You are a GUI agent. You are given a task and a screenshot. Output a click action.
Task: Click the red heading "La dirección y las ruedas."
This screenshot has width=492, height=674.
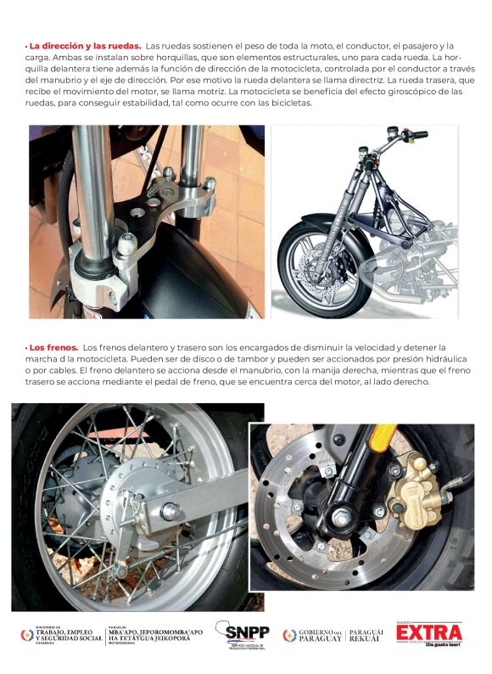85,46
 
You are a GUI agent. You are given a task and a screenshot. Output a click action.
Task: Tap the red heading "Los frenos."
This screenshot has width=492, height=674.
53,347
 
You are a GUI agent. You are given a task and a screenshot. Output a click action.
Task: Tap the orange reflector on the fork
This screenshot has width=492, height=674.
383,439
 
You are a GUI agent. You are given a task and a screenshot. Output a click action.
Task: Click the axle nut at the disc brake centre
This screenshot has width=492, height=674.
341,517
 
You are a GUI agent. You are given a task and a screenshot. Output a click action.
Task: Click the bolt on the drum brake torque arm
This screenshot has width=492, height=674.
171,512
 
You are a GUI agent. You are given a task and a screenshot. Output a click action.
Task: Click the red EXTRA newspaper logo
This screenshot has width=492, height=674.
429,633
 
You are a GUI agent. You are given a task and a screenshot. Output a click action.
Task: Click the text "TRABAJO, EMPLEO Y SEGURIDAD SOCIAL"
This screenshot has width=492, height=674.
69,635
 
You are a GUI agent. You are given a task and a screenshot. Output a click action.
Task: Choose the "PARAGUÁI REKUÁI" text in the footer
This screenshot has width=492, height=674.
366,636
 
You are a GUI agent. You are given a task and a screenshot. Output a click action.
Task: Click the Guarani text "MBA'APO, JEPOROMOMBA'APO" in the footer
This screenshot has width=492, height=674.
155,632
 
